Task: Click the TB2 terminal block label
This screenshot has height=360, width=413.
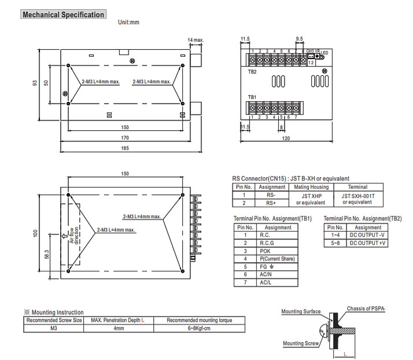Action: pyautogui.click(x=252, y=72)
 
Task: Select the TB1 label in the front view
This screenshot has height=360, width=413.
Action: pyautogui.click(x=252, y=97)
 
